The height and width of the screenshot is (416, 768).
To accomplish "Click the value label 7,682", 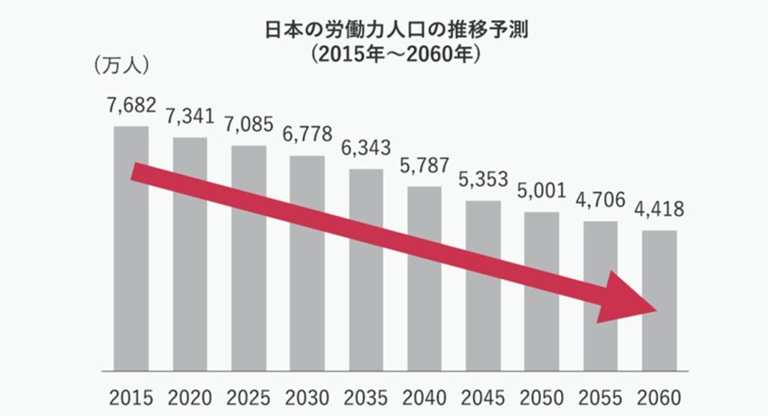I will click(x=131, y=106).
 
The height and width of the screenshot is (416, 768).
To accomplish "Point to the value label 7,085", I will click(x=248, y=124).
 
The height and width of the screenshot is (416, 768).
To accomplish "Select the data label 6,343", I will click(x=366, y=148).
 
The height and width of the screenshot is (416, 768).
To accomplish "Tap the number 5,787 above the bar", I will click(x=424, y=165).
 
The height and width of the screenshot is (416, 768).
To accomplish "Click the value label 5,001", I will click(x=542, y=191).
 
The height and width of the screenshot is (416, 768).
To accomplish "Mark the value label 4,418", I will click(x=659, y=209).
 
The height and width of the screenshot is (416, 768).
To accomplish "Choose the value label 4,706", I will click(x=601, y=200).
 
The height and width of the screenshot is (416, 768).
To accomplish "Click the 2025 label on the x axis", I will click(x=248, y=397).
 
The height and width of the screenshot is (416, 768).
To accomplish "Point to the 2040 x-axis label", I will click(x=424, y=397).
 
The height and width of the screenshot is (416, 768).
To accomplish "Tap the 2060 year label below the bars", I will click(x=659, y=397).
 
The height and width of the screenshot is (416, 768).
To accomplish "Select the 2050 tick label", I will click(x=542, y=397).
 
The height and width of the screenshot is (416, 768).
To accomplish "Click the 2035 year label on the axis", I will click(x=366, y=397).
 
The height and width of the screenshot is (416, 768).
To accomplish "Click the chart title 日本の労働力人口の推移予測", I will click(x=384, y=31).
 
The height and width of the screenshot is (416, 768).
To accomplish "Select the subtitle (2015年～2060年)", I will click(x=384, y=55).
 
